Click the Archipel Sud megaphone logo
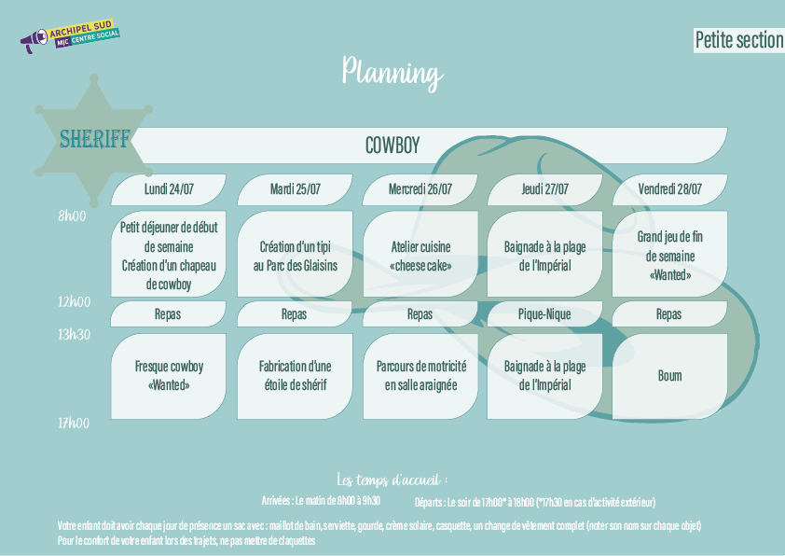tap(70, 39)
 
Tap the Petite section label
tap(738, 40)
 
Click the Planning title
tap(392, 72)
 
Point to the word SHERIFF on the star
tap(94, 139)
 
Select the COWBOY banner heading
tap(392, 146)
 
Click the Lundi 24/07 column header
tap(169, 189)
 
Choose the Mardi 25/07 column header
tap(295, 189)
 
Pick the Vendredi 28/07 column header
tap(669, 189)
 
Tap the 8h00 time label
tap(72, 215)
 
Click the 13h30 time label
tap(74, 333)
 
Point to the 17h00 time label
tap(74, 423)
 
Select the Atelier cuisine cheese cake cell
tap(420, 256)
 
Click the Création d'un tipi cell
tap(295, 256)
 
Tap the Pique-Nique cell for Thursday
tap(544, 314)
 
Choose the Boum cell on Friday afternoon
tap(669, 376)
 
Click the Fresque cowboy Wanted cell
tap(169, 376)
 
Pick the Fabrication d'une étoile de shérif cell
tap(295, 376)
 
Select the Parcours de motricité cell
tap(420, 376)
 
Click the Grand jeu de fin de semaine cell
tap(669, 256)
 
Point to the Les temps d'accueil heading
tap(392, 480)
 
